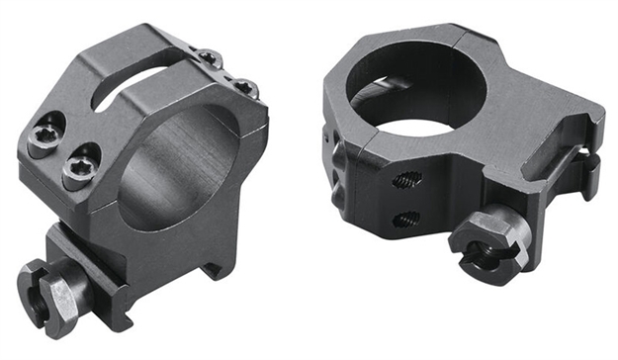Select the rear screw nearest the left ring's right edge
[248, 90]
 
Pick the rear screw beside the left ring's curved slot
[210, 58]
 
